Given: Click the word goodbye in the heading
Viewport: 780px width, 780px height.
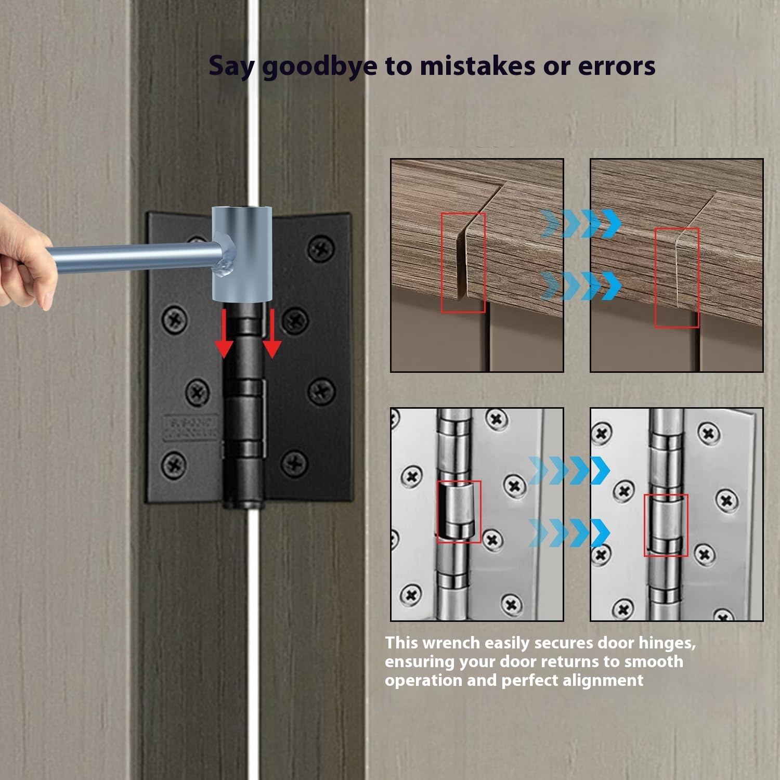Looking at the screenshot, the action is point(319,67).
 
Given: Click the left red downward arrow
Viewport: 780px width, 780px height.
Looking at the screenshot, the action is point(224,333).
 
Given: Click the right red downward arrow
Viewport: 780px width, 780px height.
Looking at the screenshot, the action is point(272,333).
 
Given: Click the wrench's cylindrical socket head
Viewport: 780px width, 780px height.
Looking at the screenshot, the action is point(242,254).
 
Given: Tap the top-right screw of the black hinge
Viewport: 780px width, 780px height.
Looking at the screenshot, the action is point(321,249).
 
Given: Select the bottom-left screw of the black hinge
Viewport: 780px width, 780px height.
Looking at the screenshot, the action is point(174,464).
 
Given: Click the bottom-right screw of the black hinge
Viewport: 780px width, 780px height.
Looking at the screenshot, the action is point(295,462).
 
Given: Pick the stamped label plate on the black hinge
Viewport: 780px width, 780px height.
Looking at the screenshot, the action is point(191,427).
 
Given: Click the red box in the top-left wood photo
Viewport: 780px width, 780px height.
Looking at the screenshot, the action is point(463,263).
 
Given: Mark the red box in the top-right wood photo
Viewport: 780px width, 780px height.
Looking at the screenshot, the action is point(677,278).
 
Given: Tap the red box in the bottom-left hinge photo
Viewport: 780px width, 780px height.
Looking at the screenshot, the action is point(459,512).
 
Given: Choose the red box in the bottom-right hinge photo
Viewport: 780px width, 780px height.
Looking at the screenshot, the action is point(666,525).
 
